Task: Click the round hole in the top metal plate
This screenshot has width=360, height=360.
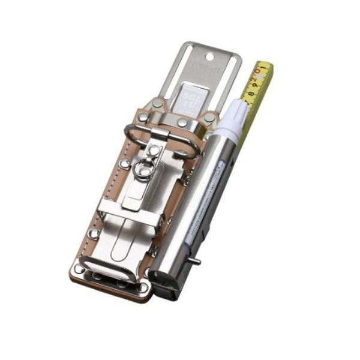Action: (x=209, y=56)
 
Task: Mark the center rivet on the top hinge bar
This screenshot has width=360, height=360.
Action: (x=181, y=123)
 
